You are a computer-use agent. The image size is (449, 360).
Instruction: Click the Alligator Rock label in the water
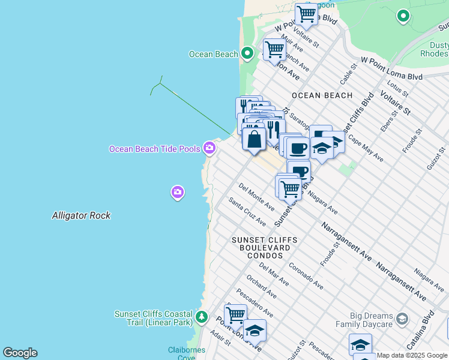pyautogui.click(x=81, y=215)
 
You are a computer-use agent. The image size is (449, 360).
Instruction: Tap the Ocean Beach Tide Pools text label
pyautogui.click(x=154, y=149)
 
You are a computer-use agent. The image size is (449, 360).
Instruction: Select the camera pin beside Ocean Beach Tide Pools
pyautogui.click(x=209, y=147)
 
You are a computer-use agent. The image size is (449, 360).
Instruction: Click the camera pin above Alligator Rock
pyautogui.click(x=177, y=192)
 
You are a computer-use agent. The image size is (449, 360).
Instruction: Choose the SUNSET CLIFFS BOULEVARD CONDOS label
pyautogui.click(x=261, y=247)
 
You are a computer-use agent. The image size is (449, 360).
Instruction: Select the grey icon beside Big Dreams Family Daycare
pyautogui.click(x=402, y=318)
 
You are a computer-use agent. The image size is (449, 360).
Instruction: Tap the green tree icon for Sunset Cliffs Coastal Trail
pyautogui.click(x=202, y=316)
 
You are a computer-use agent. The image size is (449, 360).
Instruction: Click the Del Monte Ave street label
pyautogui.click(x=256, y=197)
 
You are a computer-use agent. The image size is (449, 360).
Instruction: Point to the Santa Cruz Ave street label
pyautogui.click(x=247, y=212)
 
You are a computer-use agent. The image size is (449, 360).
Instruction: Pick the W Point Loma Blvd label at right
pyautogui.click(x=391, y=68)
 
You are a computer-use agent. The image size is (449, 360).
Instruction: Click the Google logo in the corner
pyautogui.click(x=20, y=353)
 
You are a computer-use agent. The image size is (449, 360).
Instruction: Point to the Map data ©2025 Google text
pyautogui.click(x=412, y=356)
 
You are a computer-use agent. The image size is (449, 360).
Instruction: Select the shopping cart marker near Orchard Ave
pyautogui.click(x=235, y=314)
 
